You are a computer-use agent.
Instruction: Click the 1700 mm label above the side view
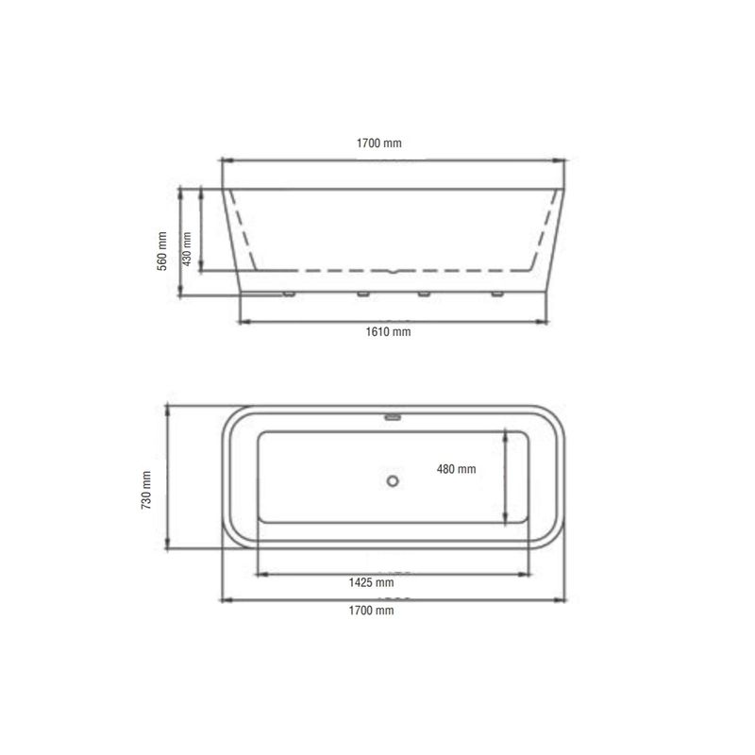pyautogui.click(x=379, y=143)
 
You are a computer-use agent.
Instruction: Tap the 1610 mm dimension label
pyautogui.click(x=388, y=332)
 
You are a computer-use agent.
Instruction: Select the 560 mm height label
pyautogui.click(x=162, y=251)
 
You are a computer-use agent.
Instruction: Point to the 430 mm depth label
pyautogui.click(x=187, y=248)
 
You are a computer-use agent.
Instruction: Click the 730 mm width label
pyautogui.click(x=146, y=490)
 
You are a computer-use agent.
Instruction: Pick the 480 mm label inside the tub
pyautogui.click(x=457, y=469)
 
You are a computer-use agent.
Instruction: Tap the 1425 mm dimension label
pyautogui.click(x=371, y=582)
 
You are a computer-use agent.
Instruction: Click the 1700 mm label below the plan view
pyautogui.click(x=371, y=611)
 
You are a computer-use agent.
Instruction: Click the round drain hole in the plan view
pyautogui.click(x=393, y=480)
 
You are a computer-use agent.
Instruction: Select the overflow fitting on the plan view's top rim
pyautogui.click(x=393, y=417)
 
